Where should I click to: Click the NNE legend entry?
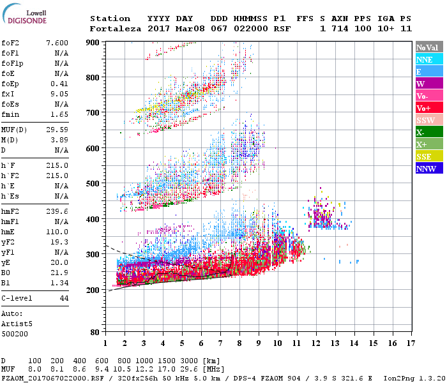pyautogui.click(x=429, y=59)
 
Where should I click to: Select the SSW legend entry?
pyautogui.click(x=429, y=120)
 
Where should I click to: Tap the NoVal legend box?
pyautogui.click(x=429, y=47)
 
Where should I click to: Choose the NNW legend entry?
pyautogui.click(x=429, y=169)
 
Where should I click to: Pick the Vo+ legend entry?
pyautogui.click(x=429, y=108)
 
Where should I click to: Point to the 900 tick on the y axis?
pyautogui.click(x=93, y=42)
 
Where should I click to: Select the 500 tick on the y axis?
pyautogui.click(x=93, y=184)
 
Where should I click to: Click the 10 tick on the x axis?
pyautogui.click(x=278, y=343)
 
